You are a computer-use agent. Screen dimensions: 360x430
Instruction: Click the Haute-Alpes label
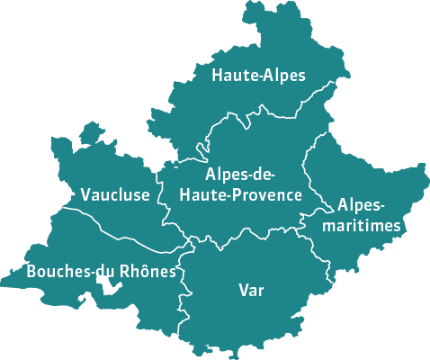(258, 76)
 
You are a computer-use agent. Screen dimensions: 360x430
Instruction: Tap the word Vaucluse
(115, 194)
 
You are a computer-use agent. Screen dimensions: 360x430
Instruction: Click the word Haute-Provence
(240, 193)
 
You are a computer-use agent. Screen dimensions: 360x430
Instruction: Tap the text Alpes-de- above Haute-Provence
(239, 174)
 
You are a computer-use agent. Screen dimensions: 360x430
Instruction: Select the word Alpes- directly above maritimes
(360, 204)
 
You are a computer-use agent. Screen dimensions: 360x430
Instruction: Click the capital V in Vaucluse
(85, 194)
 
